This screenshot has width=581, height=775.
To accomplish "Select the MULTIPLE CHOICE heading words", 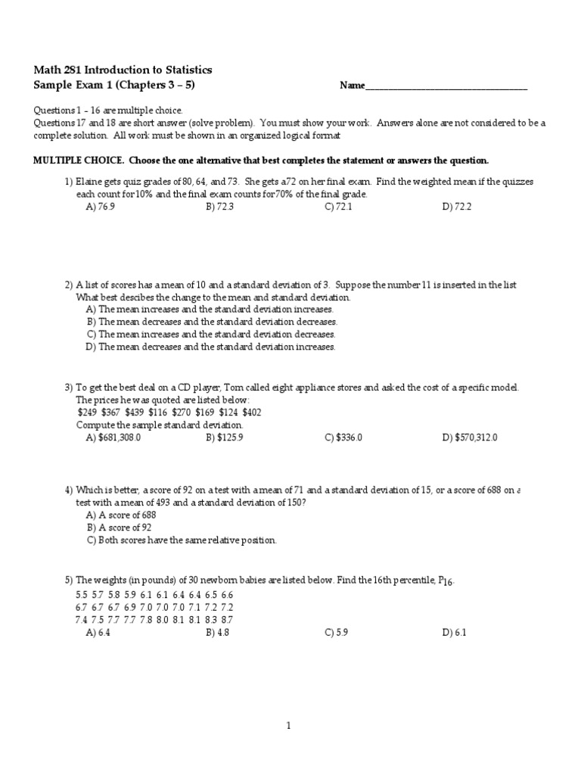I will pyautogui.click(x=79, y=160).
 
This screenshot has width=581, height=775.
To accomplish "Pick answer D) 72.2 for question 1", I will pyautogui.click(x=457, y=206).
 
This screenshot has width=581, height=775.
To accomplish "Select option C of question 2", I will pyautogui.click(x=211, y=334).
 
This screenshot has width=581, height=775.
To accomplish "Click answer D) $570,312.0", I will pyautogui.click(x=470, y=437).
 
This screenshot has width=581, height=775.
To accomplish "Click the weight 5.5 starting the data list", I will pyautogui.click(x=82, y=595).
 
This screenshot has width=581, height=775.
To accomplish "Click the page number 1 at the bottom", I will pyautogui.click(x=288, y=726).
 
